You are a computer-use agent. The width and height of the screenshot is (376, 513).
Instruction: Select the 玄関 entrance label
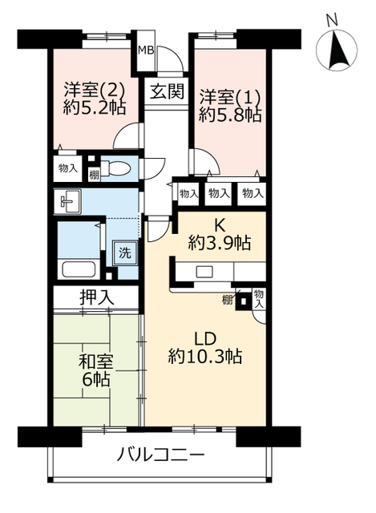click(x=164, y=90)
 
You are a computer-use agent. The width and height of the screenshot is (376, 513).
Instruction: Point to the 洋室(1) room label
click(x=229, y=93)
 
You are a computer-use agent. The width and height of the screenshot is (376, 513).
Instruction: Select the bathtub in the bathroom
click(x=78, y=271)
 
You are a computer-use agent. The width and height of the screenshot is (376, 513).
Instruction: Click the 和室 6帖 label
click(x=95, y=369)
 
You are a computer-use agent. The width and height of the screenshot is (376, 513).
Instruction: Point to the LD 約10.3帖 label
click(x=205, y=345)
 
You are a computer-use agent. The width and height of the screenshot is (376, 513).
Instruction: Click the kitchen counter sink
click(x=204, y=272)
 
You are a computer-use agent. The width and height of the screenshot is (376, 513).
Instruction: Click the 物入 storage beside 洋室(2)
click(x=67, y=168)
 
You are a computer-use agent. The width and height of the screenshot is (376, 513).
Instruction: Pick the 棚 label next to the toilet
click(x=94, y=175)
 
